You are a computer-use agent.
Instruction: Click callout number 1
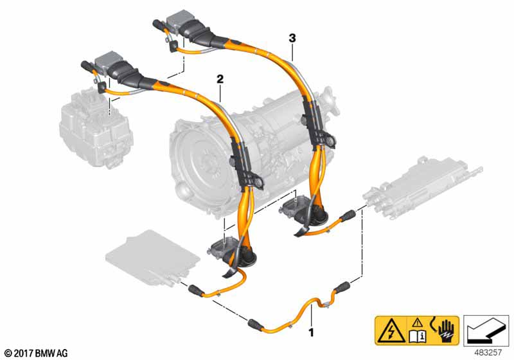(x=311, y=332)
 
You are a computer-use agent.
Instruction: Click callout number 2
(x=220, y=79)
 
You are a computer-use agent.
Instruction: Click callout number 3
(x=292, y=39)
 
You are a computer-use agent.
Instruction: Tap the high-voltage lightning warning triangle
(x=391, y=332)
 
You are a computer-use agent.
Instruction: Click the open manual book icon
(x=418, y=335)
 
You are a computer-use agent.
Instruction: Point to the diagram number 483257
(x=488, y=353)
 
